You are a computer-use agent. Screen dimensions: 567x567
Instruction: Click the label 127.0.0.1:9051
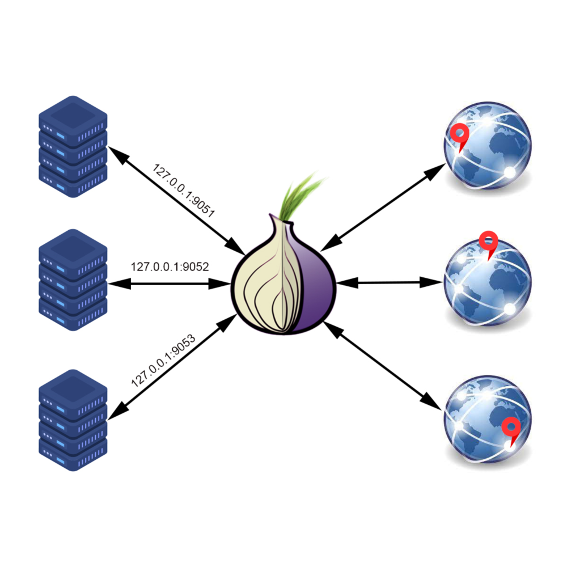click(x=184, y=191)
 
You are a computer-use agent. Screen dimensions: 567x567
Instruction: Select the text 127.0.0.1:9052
click(x=170, y=266)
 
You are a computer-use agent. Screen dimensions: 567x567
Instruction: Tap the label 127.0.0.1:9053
click(x=163, y=361)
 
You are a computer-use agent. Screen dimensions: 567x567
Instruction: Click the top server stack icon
click(x=73, y=147)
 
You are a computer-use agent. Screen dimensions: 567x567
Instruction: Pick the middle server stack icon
click(x=73, y=280)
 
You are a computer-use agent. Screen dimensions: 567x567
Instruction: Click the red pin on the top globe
click(x=459, y=136)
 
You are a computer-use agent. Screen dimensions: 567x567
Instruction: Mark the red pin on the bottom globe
click(x=512, y=428)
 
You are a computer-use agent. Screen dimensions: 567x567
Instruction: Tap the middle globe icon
click(x=488, y=283)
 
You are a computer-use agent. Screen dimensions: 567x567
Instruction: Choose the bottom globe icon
click(x=488, y=420)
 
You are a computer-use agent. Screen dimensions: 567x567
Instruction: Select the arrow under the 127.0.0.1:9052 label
click(x=170, y=283)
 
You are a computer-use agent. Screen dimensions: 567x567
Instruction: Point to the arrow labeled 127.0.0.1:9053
click(x=170, y=369)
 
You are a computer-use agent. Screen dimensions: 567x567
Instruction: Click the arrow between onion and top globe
click(x=383, y=207)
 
